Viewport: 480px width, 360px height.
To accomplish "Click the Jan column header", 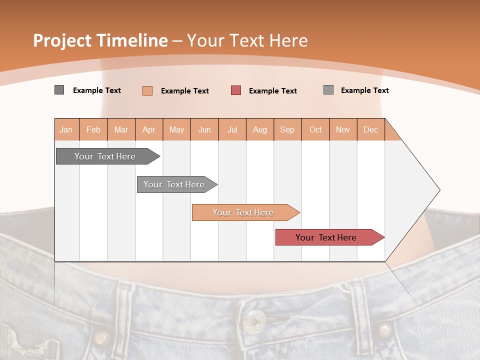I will (66, 129).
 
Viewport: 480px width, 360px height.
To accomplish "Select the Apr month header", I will (149, 129).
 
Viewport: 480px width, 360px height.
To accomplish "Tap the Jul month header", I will (232, 129).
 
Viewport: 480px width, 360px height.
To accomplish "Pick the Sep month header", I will (287, 129).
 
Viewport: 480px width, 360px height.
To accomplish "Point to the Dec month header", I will (370, 129).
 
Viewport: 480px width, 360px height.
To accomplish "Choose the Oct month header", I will (315, 129).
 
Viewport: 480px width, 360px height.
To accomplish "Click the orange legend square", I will (147, 90).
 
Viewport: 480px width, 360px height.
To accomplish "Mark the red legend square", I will (236, 90).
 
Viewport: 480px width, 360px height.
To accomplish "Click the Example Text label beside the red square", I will (273, 91).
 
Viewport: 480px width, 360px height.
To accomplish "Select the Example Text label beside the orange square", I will (185, 91).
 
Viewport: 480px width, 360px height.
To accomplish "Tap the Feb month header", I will (93, 129).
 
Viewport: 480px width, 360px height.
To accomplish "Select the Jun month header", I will (204, 129).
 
